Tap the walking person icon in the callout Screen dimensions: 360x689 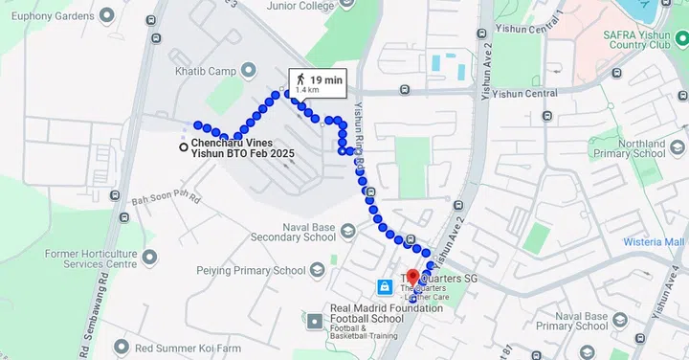coord(300,79)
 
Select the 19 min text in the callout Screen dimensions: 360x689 coord(326,79)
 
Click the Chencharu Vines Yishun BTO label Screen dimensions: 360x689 coord(242,147)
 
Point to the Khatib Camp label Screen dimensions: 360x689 coord(206,70)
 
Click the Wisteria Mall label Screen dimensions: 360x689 coord(655,242)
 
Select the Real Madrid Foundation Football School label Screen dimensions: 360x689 coord(386,314)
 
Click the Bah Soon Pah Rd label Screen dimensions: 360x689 coord(165,200)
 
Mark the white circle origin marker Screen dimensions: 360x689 coord(184,146)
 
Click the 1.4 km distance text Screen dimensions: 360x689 coord(307,90)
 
